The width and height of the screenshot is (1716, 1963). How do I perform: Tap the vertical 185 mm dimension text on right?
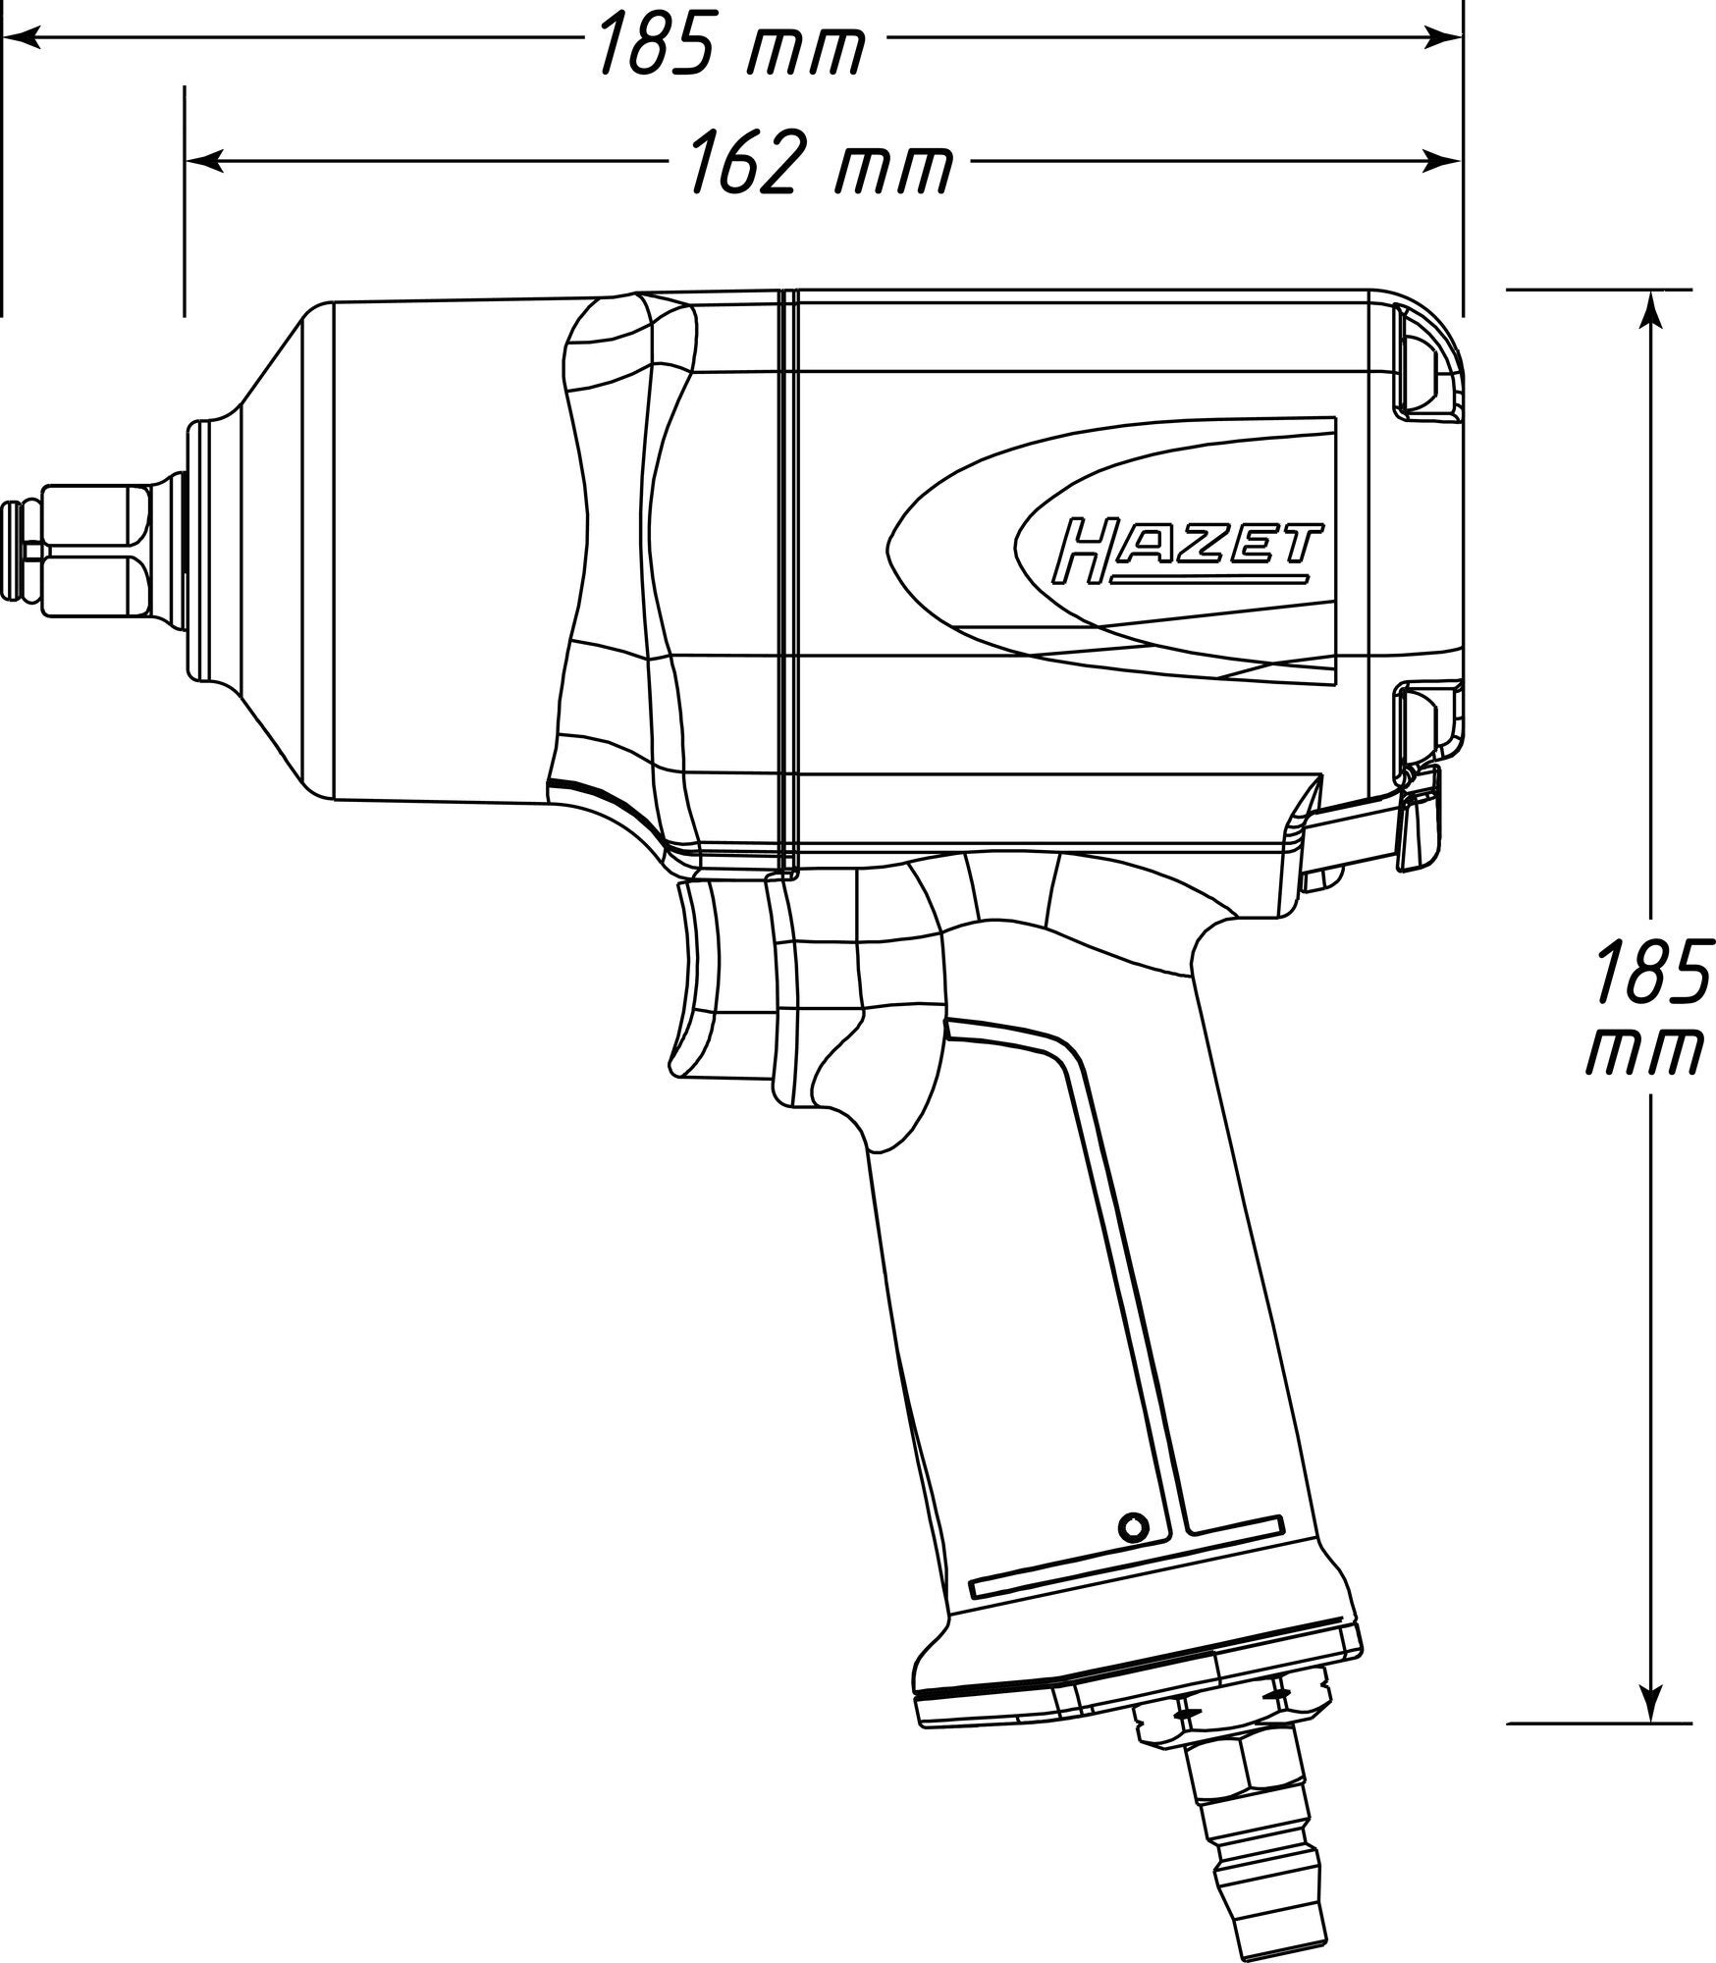[x=1644, y=1009]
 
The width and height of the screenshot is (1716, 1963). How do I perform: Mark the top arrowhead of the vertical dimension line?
[x=1652, y=310]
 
